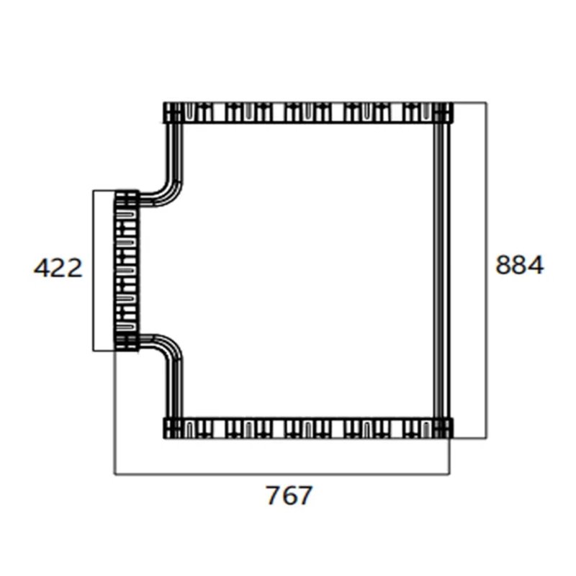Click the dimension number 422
[58, 269]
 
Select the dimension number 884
[519, 266]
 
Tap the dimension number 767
[289, 496]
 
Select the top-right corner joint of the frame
[442, 113]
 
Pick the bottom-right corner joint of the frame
[442, 428]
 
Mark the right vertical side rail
[442, 270]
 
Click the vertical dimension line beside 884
[487, 216]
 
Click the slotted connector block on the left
[127, 270]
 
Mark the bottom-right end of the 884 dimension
[487, 436]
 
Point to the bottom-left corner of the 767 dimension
[115, 474]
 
